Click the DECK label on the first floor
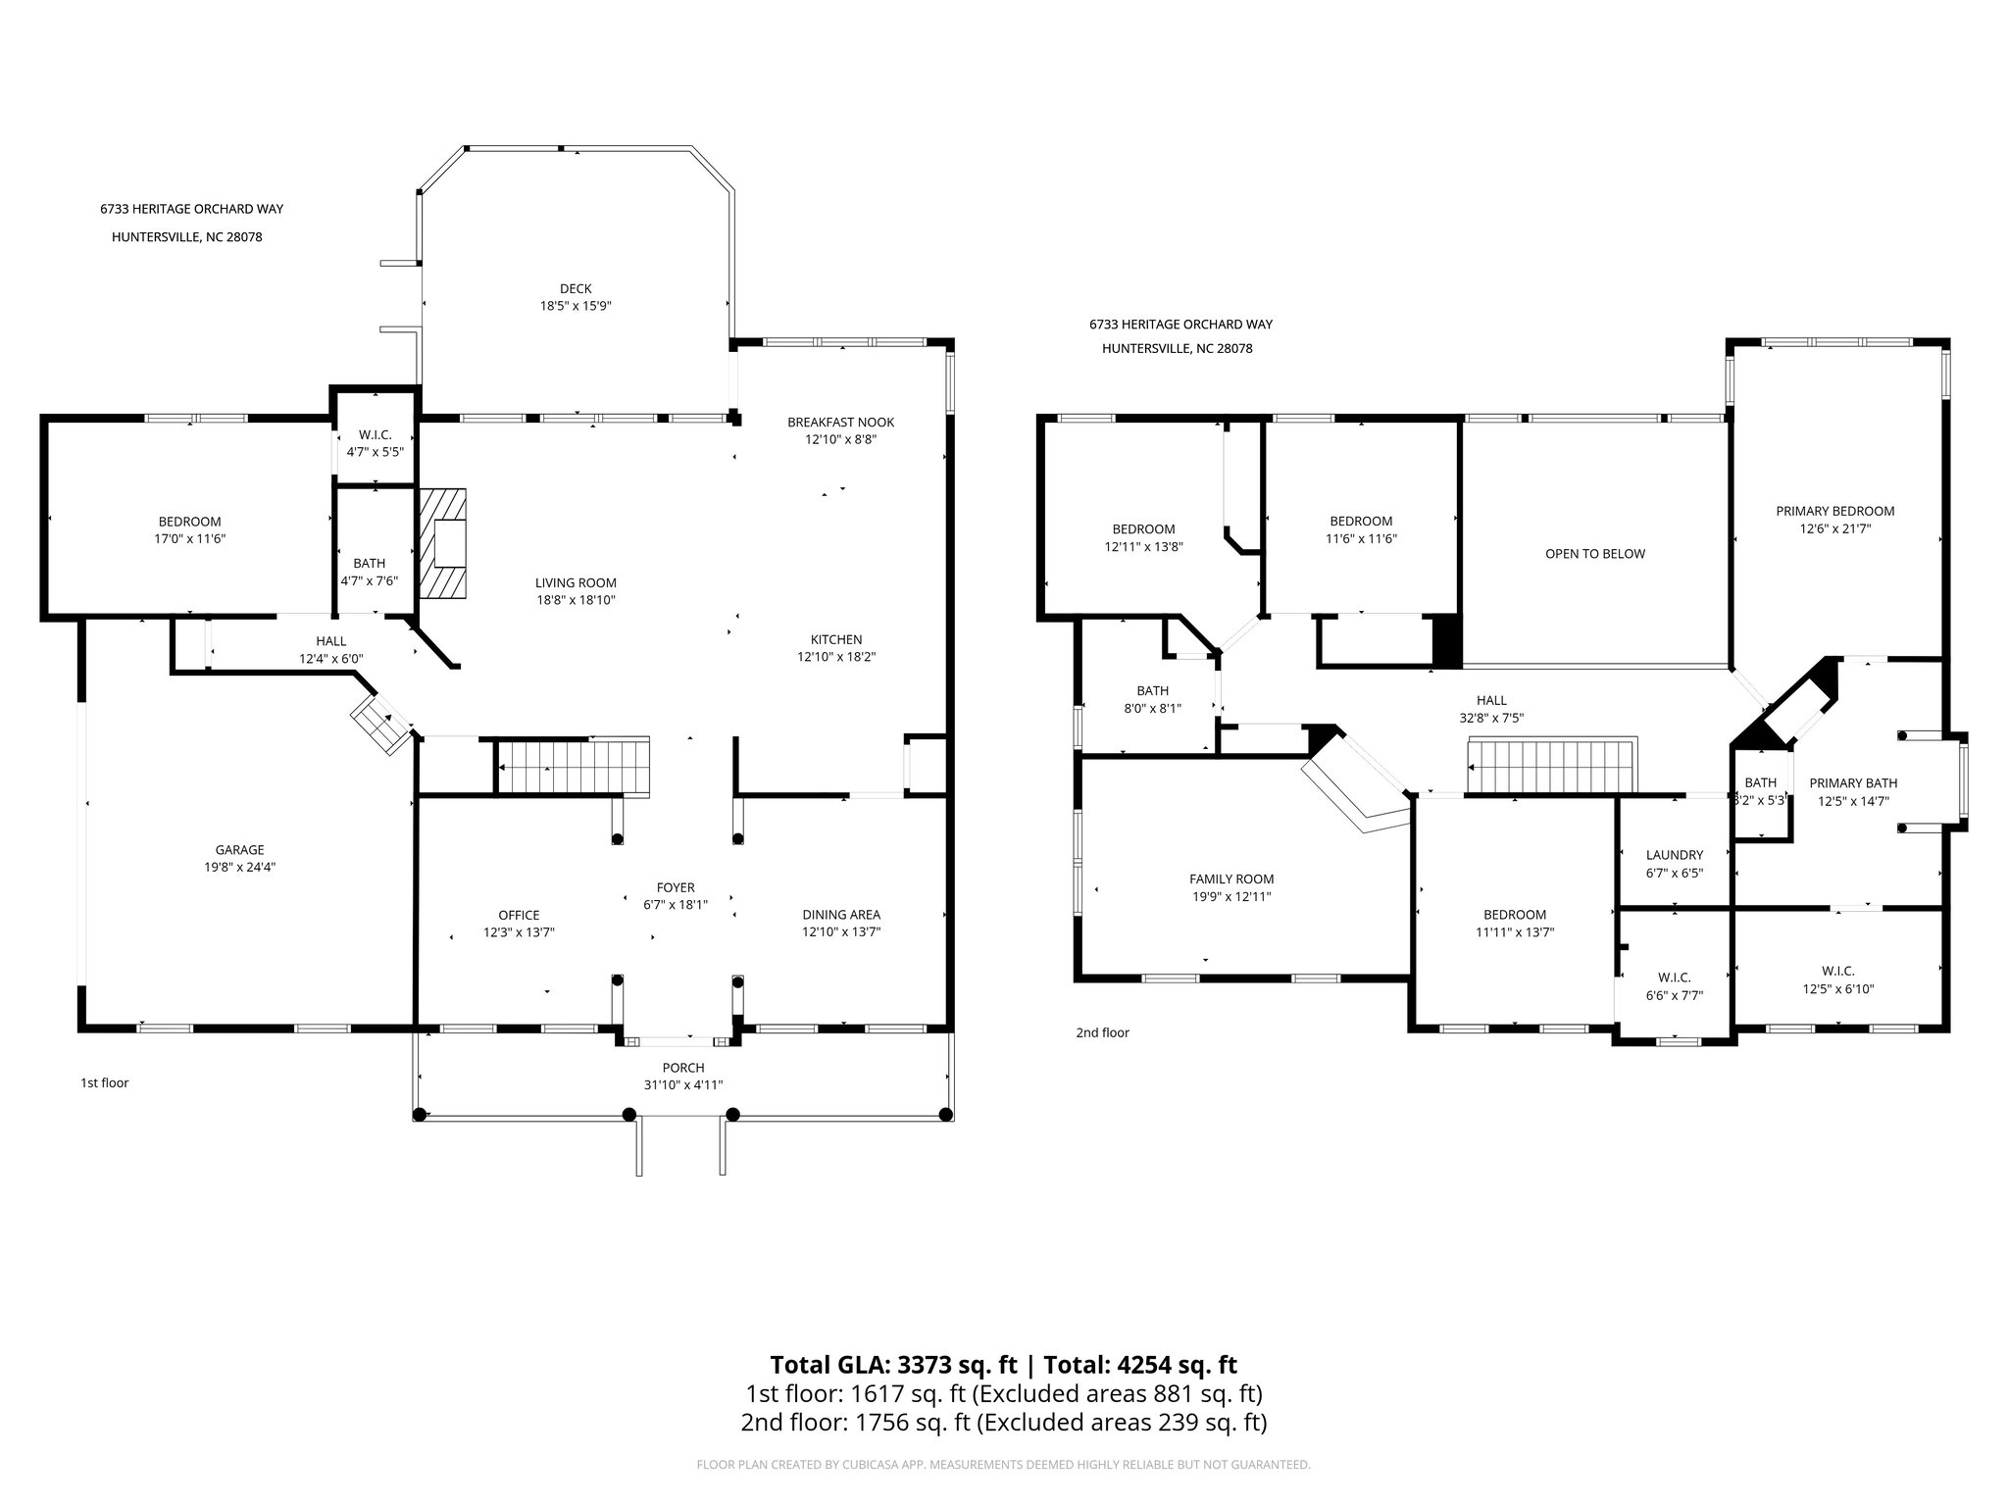coord(576,288)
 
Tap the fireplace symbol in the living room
coord(444,543)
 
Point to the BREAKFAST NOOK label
coord(840,423)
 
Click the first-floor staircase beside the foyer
coord(574,766)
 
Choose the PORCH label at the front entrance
coord(682,1068)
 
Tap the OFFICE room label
coord(519,915)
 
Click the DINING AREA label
coord(840,915)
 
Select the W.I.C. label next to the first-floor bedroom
coord(375,434)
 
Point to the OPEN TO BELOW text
coord(1594,554)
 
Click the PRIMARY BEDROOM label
coord(1834,511)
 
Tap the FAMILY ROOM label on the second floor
coord(1231,879)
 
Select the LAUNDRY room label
coord(1674,855)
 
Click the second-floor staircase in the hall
coord(1551,766)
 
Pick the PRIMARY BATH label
coord(1852,782)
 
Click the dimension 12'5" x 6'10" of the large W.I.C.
coord(1837,989)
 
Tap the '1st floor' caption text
coord(105,1083)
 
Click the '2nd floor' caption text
coord(1102,1032)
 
